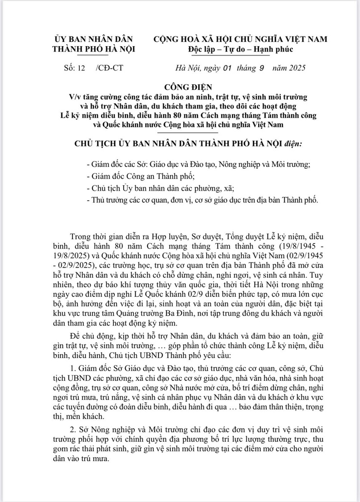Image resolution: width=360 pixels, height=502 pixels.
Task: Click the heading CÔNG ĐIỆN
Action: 180,87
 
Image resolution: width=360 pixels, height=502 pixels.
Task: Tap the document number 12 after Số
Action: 81,68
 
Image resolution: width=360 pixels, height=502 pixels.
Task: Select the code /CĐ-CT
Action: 109,68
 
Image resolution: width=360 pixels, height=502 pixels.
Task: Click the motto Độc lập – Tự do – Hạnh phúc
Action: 240,49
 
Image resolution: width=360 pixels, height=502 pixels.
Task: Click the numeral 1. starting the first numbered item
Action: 74,366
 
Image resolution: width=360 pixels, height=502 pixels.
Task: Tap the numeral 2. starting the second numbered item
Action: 74,430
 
